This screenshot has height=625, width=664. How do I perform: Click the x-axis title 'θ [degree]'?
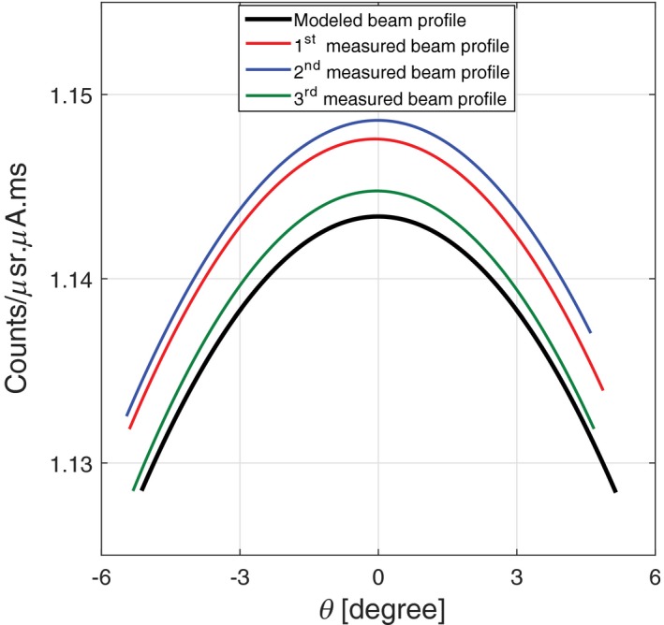[x=378, y=608]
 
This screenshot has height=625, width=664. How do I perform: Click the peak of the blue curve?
[x=378, y=120]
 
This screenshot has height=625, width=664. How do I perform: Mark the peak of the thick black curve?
[x=378, y=216]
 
